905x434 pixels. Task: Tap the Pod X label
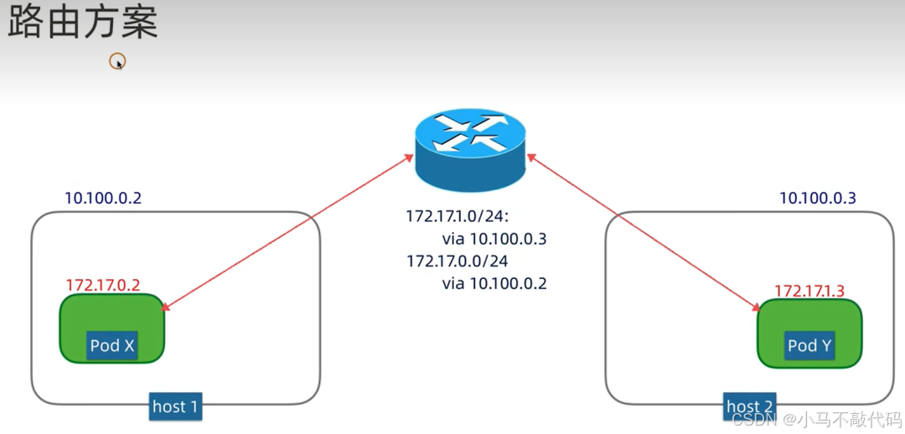coord(112,346)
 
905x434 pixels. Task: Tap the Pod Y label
coord(809,346)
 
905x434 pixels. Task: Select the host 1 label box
coord(175,406)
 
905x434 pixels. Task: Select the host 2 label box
coord(749,406)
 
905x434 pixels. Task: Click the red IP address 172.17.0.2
coord(102,285)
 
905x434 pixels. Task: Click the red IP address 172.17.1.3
coord(809,291)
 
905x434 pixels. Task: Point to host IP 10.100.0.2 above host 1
coord(103,199)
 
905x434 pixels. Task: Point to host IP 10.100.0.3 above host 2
coord(818,199)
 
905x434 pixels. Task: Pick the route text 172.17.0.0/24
coord(458,261)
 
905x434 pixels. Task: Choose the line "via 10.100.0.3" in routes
coord(494,239)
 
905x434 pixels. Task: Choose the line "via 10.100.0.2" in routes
coord(494,283)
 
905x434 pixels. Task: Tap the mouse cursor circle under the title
coord(117,61)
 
